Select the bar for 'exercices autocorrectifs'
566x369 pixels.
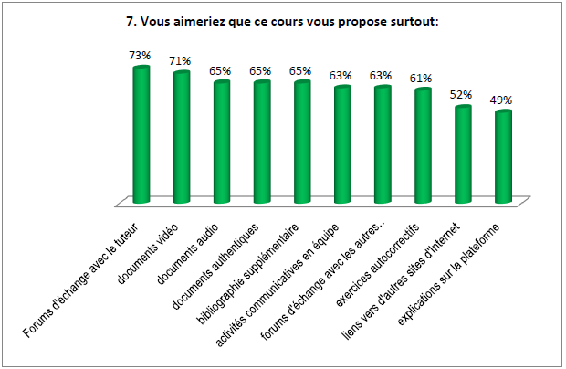422,145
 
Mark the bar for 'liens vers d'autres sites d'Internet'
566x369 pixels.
463,154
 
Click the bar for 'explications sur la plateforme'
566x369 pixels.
502,156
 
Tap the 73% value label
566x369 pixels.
140,56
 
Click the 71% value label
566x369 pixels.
180,61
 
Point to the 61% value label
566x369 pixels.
422,79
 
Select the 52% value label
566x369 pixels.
462,96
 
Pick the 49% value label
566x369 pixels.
502,100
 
